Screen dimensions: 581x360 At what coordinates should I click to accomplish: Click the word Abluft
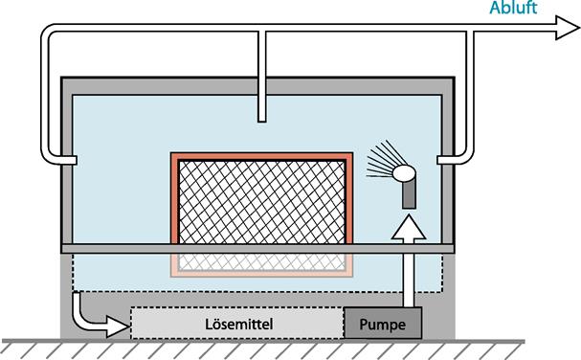point(513,8)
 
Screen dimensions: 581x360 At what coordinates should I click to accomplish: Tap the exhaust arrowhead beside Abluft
point(567,28)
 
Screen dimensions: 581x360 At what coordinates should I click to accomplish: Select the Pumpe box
point(383,323)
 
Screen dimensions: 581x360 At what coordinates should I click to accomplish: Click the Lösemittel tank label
point(239,324)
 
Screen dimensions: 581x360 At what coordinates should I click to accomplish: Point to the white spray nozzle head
point(404,173)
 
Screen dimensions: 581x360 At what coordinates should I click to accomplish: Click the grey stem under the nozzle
point(409,193)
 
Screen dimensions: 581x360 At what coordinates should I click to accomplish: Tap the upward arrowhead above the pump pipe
point(409,229)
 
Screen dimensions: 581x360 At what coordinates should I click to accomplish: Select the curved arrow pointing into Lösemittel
point(96,320)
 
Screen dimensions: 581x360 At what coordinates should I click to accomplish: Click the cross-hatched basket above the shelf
point(261,201)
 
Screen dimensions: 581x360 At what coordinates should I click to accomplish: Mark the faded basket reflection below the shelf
point(261,264)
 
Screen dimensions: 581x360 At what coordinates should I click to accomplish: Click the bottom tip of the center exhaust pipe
point(262,122)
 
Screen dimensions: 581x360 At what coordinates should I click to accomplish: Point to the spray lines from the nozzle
point(381,160)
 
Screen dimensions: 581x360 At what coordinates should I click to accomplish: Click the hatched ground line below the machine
point(262,349)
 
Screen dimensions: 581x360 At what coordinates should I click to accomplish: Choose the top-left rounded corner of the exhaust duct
point(47,31)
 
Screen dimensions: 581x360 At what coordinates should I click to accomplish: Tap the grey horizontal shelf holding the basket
point(257,249)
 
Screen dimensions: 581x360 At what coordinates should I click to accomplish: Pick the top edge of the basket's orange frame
point(261,156)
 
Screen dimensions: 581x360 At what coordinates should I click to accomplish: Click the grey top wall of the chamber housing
point(257,86)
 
